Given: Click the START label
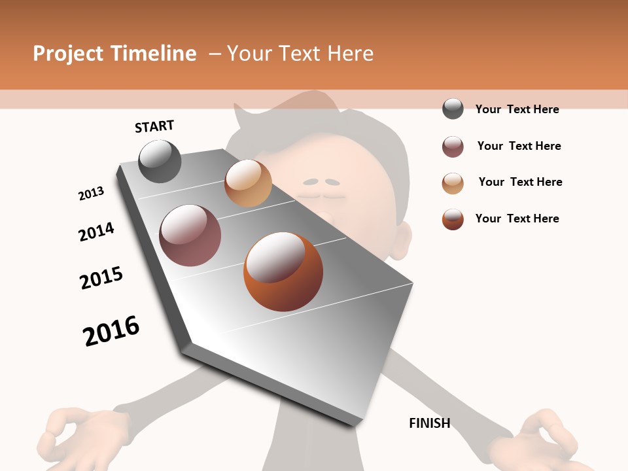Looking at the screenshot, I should point(154,126).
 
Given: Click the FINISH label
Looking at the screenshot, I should point(430,423).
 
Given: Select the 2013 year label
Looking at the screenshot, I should point(91,194).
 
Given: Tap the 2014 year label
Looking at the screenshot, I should point(96,232).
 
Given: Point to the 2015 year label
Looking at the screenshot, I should point(101,278).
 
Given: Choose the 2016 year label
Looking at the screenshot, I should point(111,331).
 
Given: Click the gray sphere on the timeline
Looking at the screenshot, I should point(160,161).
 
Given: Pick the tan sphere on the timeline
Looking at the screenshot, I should point(248,183).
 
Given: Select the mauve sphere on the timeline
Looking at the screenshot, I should point(190,235).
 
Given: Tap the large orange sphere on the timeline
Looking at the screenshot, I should point(283,271).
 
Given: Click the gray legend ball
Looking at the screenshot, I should point(453,109).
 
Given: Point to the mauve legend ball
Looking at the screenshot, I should point(453,147).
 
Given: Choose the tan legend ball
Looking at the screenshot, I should point(453,183).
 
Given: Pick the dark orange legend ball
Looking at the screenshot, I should point(453,219).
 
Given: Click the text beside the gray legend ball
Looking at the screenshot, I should point(517,109).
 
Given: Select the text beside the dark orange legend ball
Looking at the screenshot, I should point(517,218).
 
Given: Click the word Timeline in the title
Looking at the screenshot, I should point(153,54).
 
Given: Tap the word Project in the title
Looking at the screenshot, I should point(68,54).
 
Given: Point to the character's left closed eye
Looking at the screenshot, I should point(312,182).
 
